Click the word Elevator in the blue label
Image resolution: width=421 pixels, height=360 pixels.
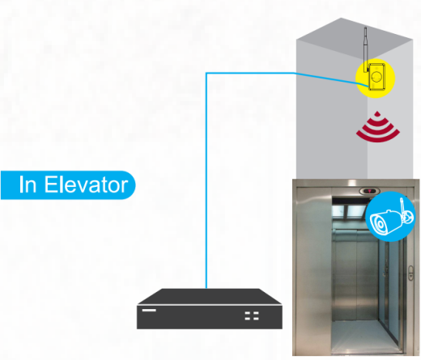(x=86, y=184)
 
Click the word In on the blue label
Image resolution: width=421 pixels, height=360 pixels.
(x=28, y=184)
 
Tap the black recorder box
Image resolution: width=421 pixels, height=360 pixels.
(x=210, y=309)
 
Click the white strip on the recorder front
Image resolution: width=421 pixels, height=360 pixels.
(x=149, y=310)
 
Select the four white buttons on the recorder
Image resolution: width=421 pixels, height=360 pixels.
(x=252, y=316)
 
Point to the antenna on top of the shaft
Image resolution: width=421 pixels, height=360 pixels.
(x=366, y=49)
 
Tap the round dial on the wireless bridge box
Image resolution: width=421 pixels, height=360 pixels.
(x=376, y=78)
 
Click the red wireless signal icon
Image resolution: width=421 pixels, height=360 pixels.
(x=377, y=127)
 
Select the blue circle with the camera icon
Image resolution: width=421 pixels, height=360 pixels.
(x=390, y=216)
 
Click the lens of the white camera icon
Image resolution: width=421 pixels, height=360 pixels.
(x=380, y=224)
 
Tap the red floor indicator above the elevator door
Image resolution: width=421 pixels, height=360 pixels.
(x=368, y=191)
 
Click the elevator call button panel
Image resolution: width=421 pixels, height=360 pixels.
(x=410, y=273)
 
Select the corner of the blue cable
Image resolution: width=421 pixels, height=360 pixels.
(x=206, y=73)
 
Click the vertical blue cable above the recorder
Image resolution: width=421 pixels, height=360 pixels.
(x=206, y=180)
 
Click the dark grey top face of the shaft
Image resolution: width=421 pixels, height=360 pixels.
(x=355, y=34)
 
